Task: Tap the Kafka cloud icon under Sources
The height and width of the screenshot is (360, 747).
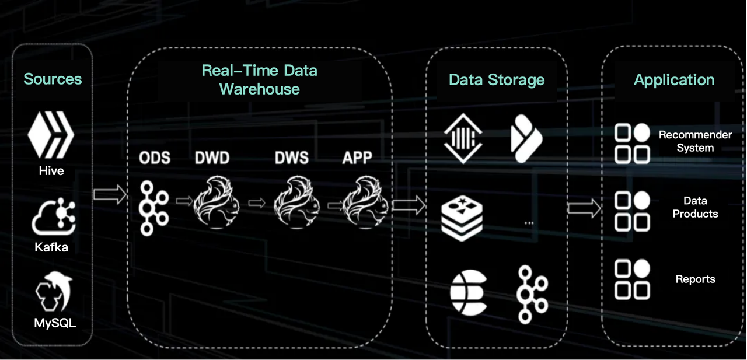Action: [x=53, y=216]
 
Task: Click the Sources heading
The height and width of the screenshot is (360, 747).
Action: [x=53, y=79]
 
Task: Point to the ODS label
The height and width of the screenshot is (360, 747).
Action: [x=155, y=158]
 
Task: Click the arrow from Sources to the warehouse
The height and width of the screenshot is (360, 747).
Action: [x=110, y=194]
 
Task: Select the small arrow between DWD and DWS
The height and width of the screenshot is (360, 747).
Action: [x=257, y=202]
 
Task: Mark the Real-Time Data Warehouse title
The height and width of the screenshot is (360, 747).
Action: [x=259, y=80]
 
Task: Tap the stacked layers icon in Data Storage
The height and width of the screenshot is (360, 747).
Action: [x=462, y=218]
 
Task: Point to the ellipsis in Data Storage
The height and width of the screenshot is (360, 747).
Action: [x=529, y=223]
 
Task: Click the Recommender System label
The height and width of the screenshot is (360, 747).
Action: [x=695, y=141]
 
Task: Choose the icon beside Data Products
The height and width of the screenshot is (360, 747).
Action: [x=632, y=211]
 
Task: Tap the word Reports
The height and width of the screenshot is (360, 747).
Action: [x=695, y=279]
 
